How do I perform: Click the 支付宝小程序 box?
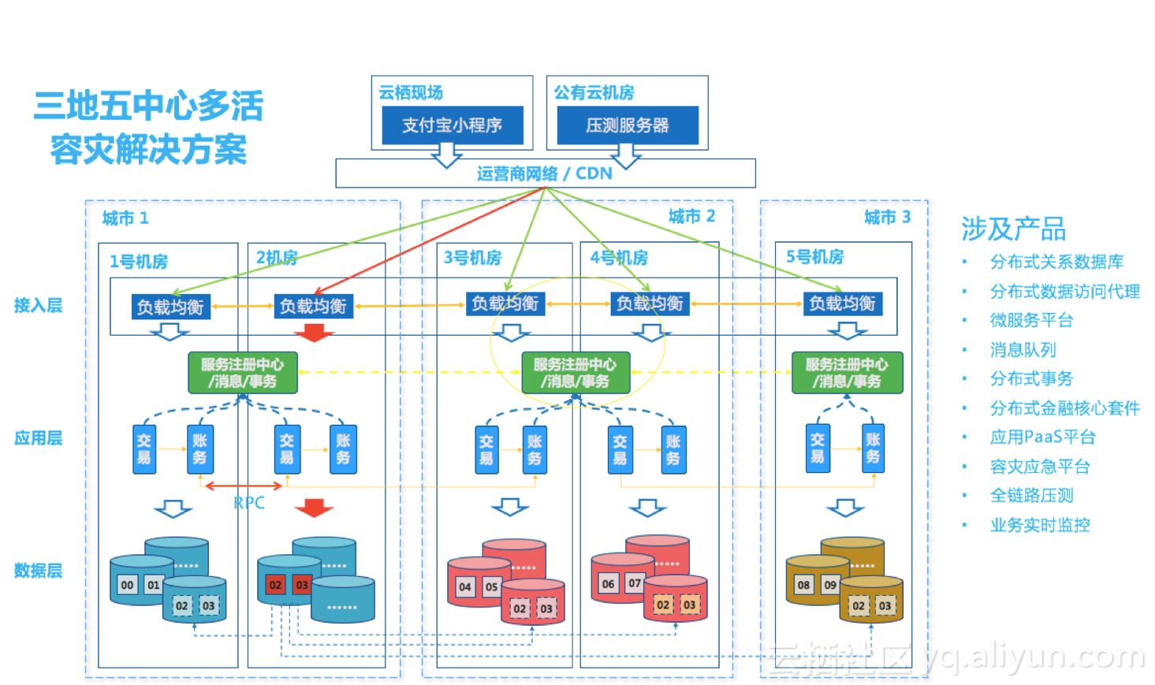pyautogui.click(x=452, y=125)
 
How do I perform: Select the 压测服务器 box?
pyautogui.click(x=627, y=125)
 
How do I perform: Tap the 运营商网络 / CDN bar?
pyautogui.click(x=545, y=173)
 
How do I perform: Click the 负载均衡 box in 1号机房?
pyautogui.click(x=170, y=307)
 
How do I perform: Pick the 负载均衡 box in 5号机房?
pyautogui.click(x=842, y=303)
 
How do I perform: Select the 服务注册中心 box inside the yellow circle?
pyautogui.click(x=575, y=373)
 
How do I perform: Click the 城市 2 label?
pyautogui.click(x=691, y=216)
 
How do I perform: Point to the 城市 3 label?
pyautogui.click(x=887, y=217)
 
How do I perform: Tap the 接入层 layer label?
pyautogui.click(x=38, y=306)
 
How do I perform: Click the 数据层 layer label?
pyautogui.click(x=38, y=571)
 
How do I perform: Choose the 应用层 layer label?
pyautogui.click(x=38, y=438)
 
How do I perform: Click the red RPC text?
pyautogui.click(x=249, y=503)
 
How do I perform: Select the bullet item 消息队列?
pyautogui.click(x=1023, y=350)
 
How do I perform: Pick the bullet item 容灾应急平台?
pyautogui.click(x=1039, y=467)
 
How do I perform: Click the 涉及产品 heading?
pyautogui.click(x=1013, y=229)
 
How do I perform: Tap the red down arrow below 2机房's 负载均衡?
pyautogui.click(x=315, y=333)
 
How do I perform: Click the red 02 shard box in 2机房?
pyautogui.click(x=275, y=585)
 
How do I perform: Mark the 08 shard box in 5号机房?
pyautogui.click(x=803, y=585)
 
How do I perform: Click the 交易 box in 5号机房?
pyautogui.click(x=818, y=449)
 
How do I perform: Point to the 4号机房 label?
pyautogui.click(x=619, y=258)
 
